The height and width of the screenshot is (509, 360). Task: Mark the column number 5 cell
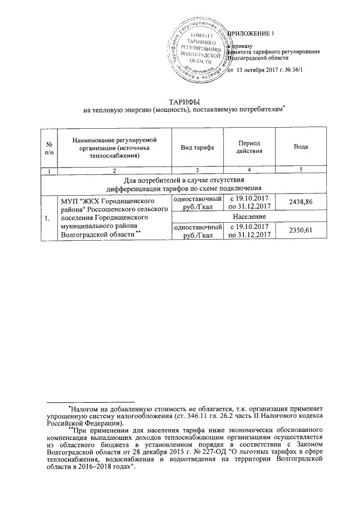coord(301,170)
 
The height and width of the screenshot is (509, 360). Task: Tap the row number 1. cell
coord(49,215)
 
